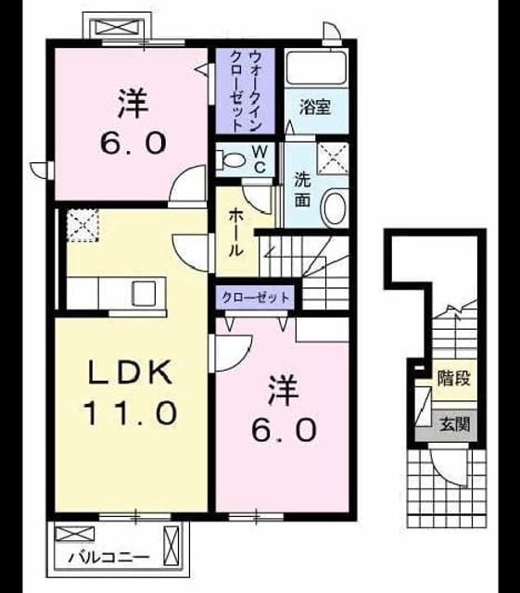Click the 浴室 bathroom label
click(x=315, y=107)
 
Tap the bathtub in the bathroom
click(x=316, y=68)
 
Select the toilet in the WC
click(x=230, y=160)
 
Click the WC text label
click(x=260, y=159)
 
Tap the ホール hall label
click(x=235, y=233)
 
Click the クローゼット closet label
click(x=256, y=297)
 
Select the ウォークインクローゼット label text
click(x=246, y=92)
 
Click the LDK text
click(x=129, y=372)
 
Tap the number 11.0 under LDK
click(x=130, y=412)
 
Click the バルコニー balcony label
click(x=109, y=558)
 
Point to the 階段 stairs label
click(x=454, y=378)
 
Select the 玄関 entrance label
click(x=454, y=424)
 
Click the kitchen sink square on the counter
click(x=143, y=294)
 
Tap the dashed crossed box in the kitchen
click(x=82, y=225)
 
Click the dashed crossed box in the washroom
click(x=332, y=158)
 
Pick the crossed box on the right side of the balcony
click(x=171, y=546)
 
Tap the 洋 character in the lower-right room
click(x=283, y=391)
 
